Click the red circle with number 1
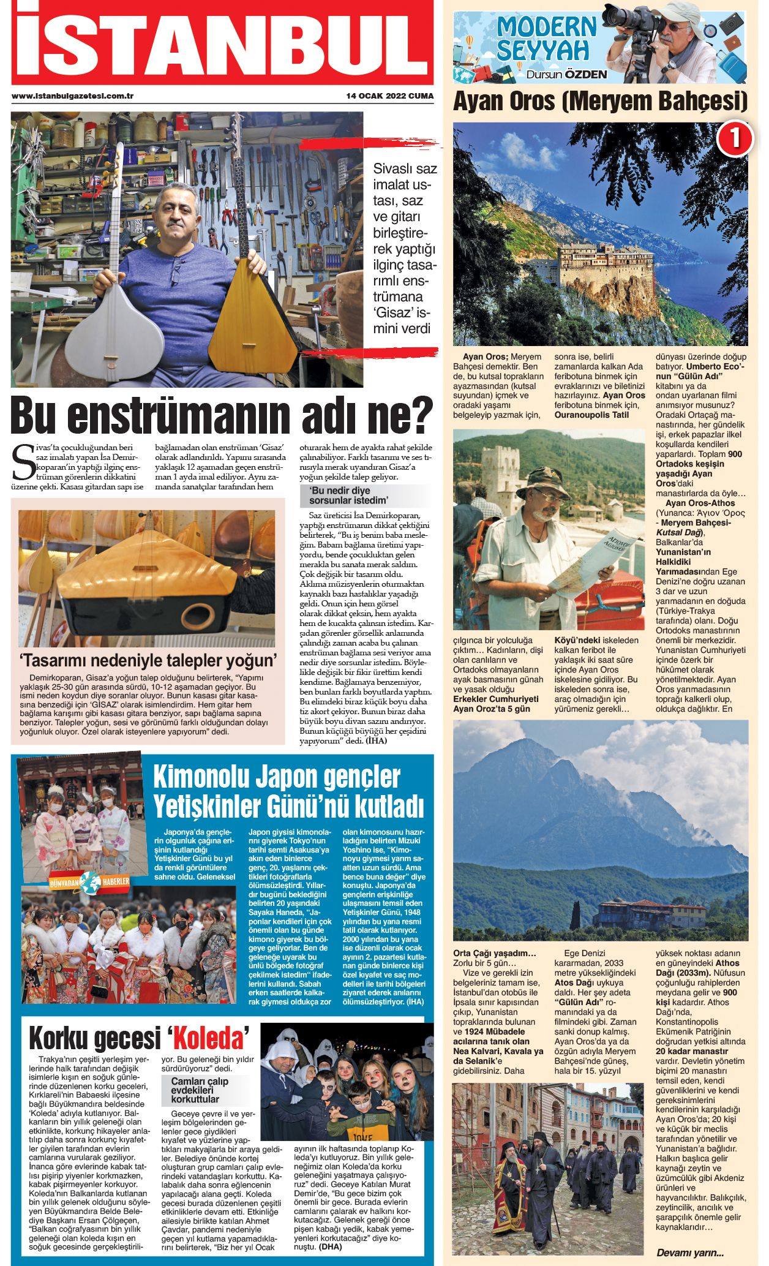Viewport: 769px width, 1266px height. pyautogui.click(x=733, y=138)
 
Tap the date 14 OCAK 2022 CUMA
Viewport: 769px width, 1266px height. pyautogui.click(x=390, y=96)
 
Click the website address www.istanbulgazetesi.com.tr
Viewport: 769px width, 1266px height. pyautogui.click(x=72, y=96)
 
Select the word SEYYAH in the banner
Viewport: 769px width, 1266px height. pyautogui.click(x=542, y=51)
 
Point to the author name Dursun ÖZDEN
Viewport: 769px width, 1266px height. pyautogui.click(x=566, y=75)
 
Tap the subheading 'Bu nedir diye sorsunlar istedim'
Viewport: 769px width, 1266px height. pyautogui.click(x=348, y=495)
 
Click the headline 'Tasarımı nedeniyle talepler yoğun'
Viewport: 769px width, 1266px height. pyautogui.click(x=148, y=660)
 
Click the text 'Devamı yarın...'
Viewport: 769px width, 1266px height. pyautogui.click(x=690, y=1253)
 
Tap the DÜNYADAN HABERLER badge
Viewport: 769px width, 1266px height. pyautogui.click(x=89, y=881)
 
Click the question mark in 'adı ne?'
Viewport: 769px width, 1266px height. pyautogui.click(x=420, y=415)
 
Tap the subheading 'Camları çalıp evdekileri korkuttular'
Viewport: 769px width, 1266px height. pyautogui.click(x=199, y=1090)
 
